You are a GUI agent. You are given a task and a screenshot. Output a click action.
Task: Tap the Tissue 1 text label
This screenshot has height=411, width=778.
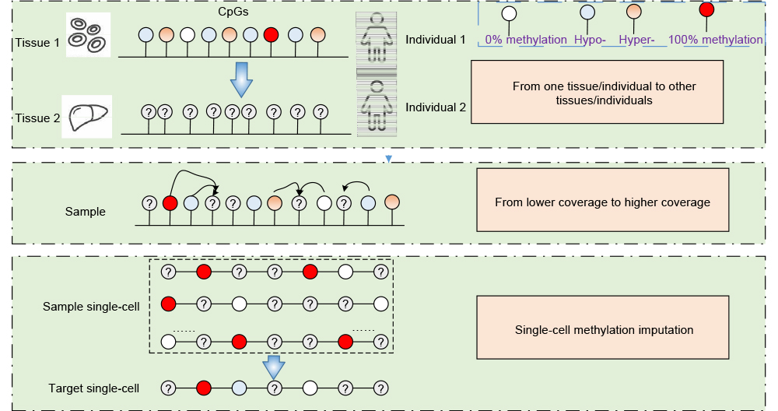click(x=36, y=42)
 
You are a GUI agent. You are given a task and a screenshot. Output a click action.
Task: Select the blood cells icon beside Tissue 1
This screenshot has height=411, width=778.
click(x=86, y=34)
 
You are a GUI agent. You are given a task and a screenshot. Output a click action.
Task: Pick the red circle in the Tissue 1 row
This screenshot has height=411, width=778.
click(x=271, y=35)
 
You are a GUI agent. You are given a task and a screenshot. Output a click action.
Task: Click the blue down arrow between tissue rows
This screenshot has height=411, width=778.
click(x=244, y=79)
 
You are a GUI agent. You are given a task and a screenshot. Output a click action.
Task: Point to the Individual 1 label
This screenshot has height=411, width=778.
click(x=436, y=39)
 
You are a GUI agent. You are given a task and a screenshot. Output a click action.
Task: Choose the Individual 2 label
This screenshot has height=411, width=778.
click(x=436, y=107)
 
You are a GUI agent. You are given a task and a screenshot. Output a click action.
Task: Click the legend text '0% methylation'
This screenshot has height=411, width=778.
click(x=525, y=40)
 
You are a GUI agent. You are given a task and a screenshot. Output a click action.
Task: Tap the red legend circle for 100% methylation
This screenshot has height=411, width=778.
click(x=707, y=10)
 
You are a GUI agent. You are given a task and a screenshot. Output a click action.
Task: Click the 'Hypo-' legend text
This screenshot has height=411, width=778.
click(x=590, y=40)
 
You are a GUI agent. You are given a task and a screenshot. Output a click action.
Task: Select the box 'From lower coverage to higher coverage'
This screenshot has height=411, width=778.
click(x=603, y=202)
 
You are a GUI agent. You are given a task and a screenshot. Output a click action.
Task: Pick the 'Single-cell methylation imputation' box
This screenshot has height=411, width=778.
click(x=604, y=329)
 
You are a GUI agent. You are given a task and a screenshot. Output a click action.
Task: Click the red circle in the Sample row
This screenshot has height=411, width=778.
click(x=170, y=203)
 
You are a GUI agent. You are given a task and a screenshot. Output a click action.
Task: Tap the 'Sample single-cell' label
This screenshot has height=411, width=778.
click(x=92, y=307)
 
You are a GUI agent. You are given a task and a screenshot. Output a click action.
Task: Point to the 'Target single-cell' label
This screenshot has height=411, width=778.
click(x=94, y=388)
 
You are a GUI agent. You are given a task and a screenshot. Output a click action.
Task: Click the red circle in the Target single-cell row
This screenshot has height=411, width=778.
click(x=203, y=387)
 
